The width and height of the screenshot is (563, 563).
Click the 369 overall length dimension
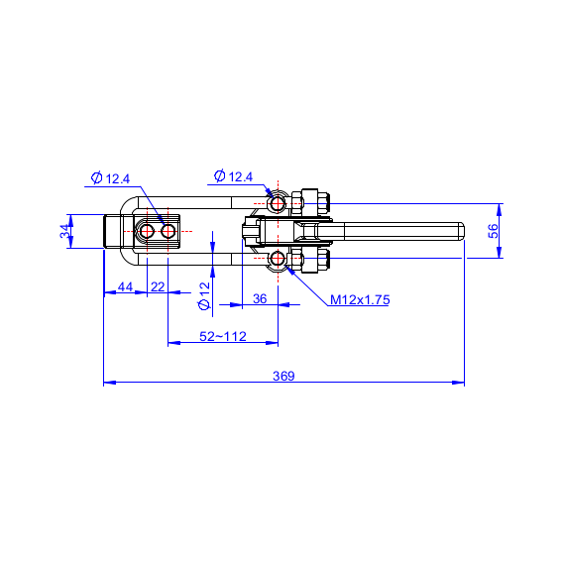283,376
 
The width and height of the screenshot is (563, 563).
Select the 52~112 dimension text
223,336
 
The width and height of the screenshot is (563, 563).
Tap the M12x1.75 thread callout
360,299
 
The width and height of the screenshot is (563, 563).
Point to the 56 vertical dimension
494,231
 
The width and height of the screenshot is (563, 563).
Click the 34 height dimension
65,231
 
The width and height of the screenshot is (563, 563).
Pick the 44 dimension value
125,286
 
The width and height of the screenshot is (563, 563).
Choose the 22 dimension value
158,286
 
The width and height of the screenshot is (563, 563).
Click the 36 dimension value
260,298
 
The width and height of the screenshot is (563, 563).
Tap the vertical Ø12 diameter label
204,296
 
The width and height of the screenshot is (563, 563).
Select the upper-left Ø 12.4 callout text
111,178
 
